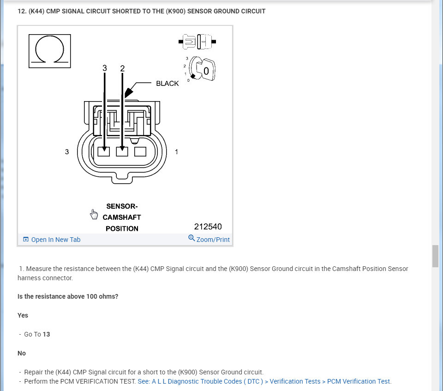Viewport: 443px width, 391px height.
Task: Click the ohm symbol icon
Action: point(50,51)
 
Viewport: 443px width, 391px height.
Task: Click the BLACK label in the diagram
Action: point(167,84)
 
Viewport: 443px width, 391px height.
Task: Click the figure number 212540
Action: point(208,227)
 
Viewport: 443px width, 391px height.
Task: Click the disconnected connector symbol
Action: point(198,42)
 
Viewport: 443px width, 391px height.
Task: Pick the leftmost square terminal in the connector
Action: point(104,151)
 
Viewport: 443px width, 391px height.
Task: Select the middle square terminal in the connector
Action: point(122,151)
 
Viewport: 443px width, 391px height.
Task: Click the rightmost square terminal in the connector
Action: point(140,151)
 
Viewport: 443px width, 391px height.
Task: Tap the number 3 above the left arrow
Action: point(105,68)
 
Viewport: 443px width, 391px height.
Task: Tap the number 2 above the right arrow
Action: point(122,68)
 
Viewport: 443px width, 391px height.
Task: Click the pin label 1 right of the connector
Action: point(176,151)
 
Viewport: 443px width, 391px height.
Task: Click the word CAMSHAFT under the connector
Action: point(122,217)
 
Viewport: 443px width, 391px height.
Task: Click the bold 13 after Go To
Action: point(46,334)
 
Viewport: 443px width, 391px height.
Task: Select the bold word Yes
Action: point(23,315)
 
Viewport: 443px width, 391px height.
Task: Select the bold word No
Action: point(22,353)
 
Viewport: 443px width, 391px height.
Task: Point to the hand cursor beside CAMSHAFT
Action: point(94,214)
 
